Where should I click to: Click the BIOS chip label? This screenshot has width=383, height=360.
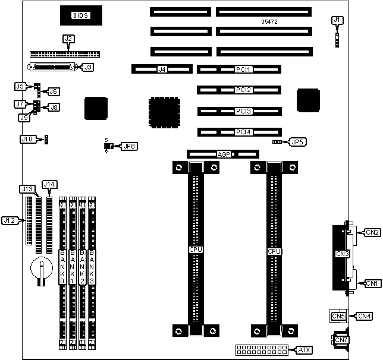[80, 15]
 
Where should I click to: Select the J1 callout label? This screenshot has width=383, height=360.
[337, 20]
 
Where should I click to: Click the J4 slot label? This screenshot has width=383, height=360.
[162, 70]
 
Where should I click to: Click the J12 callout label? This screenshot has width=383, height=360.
[9, 220]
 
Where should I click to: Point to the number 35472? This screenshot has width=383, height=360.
[270, 22]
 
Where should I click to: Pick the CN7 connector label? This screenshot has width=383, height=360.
[341, 340]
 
